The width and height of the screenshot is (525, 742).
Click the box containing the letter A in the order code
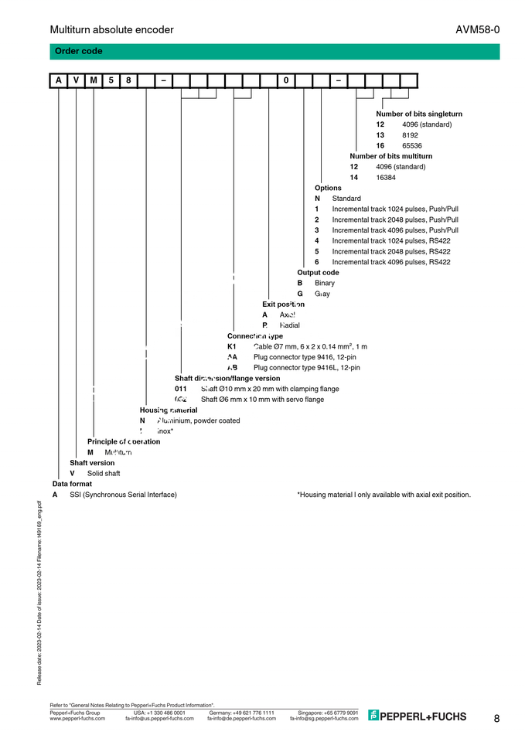click(x=59, y=80)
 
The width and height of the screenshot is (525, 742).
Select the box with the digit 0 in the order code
click(x=286, y=80)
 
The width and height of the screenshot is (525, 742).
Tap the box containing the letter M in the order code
click(x=94, y=80)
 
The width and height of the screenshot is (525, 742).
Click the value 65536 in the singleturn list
click(x=412, y=145)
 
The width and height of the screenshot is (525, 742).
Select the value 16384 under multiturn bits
click(x=386, y=177)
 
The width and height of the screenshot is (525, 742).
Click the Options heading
click(x=328, y=188)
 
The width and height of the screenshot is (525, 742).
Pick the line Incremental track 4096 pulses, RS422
click(x=391, y=262)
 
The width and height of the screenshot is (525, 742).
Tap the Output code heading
click(x=318, y=272)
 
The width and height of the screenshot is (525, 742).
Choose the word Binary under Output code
click(x=325, y=283)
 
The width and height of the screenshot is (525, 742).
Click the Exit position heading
click(x=283, y=305)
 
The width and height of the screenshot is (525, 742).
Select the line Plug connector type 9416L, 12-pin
click(x=307, y=368)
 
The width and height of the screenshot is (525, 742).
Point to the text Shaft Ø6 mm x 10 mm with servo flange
click(x=262, y=400)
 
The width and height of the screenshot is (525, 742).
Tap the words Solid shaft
click(x=104, y=473)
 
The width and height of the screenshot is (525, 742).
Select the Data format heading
click(x=72, y=484)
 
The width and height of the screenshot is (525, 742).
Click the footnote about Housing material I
click(x=384, y=495)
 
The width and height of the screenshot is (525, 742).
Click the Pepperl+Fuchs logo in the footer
click(x=418, y=716)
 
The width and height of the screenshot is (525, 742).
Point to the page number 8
click(x=496, y=719)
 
